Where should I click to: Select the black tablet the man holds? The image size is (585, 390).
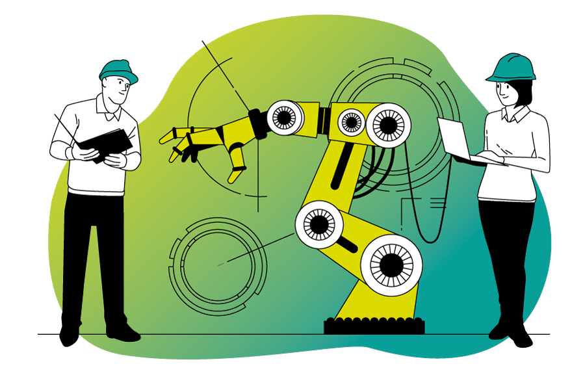[104, 144]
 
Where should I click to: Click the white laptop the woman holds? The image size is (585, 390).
[454, 140]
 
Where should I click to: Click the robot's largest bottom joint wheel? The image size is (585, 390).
[391, 265]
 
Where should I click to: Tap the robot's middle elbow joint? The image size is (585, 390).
[319, 224]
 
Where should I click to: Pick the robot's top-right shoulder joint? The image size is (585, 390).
[388, 125]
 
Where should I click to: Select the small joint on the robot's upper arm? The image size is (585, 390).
[352, 122]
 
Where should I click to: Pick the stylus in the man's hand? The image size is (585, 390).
[64, 127]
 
